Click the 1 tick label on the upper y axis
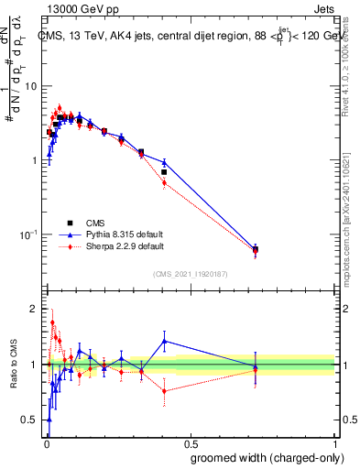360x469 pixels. click(x=36, y=160)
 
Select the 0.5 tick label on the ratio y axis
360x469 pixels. click(x=30, y=420)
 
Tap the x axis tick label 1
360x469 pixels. click(x=335, y=442)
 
